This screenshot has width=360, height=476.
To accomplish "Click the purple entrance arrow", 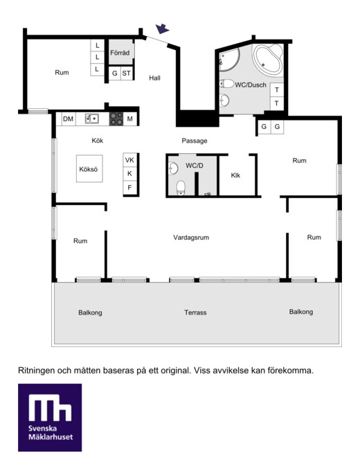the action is pos(162,28).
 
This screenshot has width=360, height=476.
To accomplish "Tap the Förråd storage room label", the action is pos(120,53).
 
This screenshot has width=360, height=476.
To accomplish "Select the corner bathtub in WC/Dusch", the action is pos(268,59).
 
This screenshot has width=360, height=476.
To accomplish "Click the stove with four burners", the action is pos(116,118).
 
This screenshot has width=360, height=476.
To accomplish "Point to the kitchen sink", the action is pos(92,118).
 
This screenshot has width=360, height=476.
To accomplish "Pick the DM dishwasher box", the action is pos(69,118).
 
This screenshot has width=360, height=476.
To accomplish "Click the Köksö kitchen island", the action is pos(89,168).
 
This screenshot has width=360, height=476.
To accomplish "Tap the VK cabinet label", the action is pos(129,160).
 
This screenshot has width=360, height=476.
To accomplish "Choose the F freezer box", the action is pos(129,188).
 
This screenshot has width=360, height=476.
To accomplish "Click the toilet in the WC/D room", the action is pos(181,188).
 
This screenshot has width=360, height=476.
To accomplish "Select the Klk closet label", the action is pos(235,175).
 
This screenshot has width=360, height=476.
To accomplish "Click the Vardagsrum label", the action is pos(191,238).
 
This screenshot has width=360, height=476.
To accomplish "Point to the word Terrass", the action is pos(195,312).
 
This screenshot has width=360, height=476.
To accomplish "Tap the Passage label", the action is pos(195,141).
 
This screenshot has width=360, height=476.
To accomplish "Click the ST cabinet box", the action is pos(127,73).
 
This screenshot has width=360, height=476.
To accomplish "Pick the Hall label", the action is pos(154,78).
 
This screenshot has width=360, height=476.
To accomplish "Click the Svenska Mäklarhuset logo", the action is pos(50,417).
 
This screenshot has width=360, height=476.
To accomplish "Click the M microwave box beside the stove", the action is pos(130,118).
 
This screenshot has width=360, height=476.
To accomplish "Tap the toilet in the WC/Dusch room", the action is pos(226,83).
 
